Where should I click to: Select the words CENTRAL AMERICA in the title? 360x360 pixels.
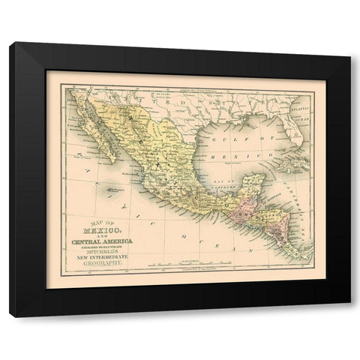pos(104,241)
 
